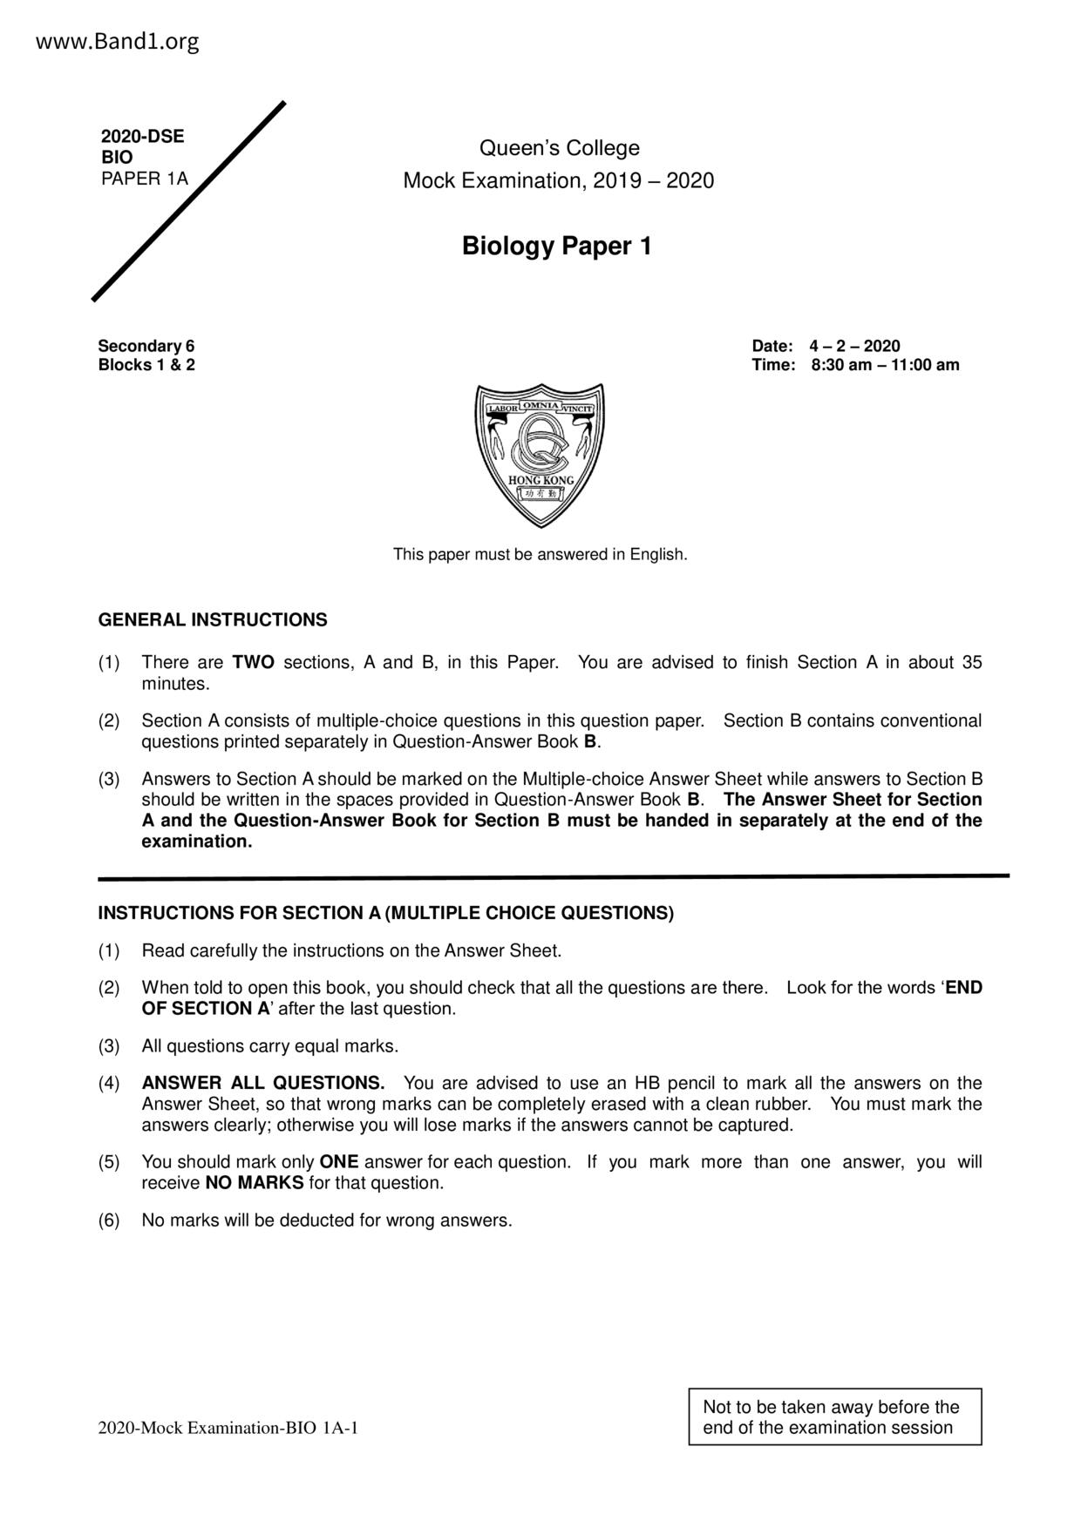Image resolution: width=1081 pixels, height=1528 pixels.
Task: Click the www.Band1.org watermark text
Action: [118, 42]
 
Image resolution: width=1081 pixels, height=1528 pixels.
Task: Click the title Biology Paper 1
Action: [556, 247]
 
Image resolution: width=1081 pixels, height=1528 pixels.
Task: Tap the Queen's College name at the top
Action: [559, 148]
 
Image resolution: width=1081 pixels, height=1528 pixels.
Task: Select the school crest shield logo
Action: [540, 454]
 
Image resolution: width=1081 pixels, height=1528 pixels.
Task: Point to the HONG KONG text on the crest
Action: [540, 481]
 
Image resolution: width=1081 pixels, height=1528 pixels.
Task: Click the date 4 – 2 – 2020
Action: [853, 346]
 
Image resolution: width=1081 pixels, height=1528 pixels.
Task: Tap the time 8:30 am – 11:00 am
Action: [884, 365]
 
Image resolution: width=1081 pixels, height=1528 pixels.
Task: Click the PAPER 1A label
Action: [144, 179]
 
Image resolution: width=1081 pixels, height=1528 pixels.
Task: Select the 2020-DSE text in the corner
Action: [142, 137]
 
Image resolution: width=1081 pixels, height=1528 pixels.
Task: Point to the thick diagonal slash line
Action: [189, 201]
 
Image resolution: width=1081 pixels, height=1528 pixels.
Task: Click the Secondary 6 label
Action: [146, 346]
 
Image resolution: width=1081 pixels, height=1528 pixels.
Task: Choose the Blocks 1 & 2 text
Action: [146, 365]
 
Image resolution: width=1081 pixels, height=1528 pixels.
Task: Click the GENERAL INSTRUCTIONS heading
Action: [213, 620]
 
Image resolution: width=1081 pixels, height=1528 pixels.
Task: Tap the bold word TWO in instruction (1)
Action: [254, 663]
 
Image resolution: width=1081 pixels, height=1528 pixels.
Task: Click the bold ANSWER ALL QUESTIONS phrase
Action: [263, 1083]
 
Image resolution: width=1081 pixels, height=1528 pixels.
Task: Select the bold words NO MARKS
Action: [255, 1183]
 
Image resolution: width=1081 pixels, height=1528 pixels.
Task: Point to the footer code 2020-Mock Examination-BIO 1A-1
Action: [228, 1428]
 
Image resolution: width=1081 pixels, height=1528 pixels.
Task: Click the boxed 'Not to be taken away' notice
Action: [834, 1417]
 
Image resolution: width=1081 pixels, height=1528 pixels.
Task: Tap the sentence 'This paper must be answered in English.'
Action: [540, 554]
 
